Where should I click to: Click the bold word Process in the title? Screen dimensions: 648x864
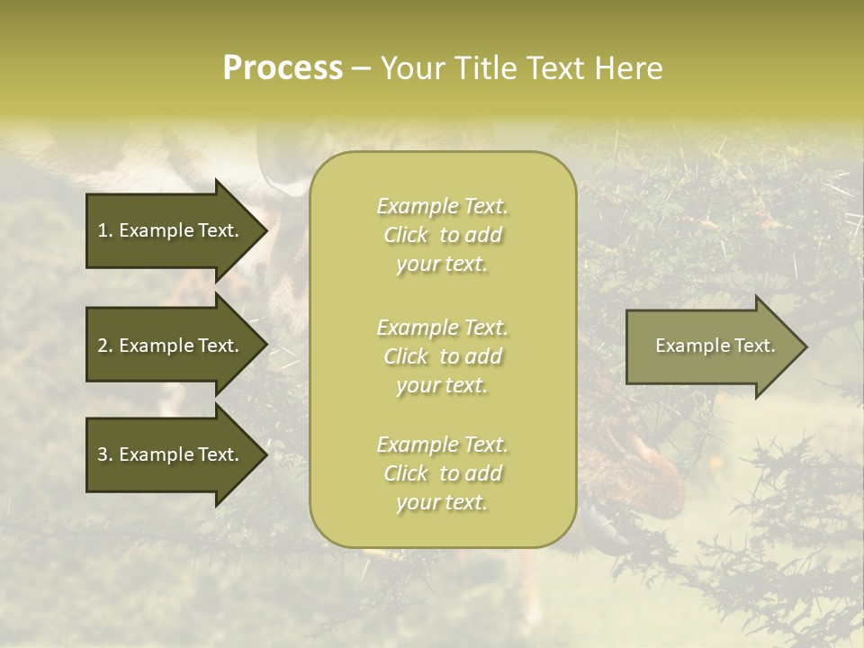283,68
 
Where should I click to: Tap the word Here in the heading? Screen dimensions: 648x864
626,68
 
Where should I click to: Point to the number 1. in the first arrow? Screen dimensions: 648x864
105,230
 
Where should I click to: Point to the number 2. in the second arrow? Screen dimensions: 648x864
105,346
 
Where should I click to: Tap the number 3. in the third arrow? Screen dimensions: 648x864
105,454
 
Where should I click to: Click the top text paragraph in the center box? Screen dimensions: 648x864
442,235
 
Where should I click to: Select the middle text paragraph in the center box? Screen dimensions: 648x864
442,356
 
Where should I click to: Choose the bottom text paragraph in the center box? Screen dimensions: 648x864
442,473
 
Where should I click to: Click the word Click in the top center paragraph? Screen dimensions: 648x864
406,235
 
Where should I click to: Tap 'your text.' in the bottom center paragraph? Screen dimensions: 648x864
442,502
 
